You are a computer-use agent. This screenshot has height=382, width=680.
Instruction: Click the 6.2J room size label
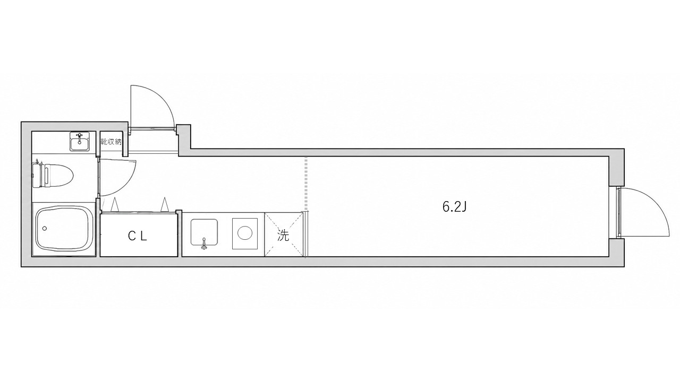pyautogui.click(x=454, y=207)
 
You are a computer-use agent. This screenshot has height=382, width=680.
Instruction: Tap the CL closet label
pyautogui.click(x=138, y=236)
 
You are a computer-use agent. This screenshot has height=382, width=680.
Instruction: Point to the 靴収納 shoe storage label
pyautogui.click(x=111, y=142)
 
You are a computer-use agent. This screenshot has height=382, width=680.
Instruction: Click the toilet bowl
pyautogui.click(x=58, y=175)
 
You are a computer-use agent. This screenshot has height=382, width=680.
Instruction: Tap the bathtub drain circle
pyautogui.click(x=45, y=228)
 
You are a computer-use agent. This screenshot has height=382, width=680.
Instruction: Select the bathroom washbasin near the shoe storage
pyautogui.click(x=80, y=141)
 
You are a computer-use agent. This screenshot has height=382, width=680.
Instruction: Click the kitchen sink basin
pyautogui.click(x=204, y=232)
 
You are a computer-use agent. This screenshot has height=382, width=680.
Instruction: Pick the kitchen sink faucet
pyautogui.click(x=203, y=244)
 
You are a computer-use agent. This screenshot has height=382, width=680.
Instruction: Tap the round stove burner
pyautogui.click(x=245, y=234)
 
